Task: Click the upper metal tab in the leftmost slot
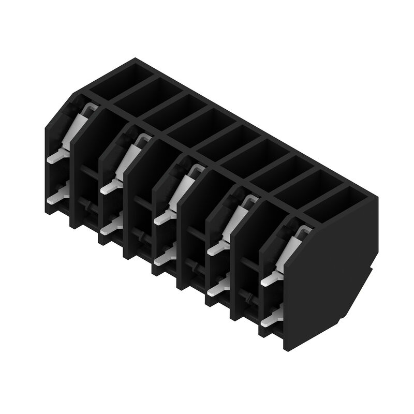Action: [58, 155]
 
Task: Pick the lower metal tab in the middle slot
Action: [165, 256]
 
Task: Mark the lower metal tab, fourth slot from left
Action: [218, 286]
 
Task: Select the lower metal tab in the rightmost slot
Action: [272, 318]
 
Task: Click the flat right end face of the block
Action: [331, 274]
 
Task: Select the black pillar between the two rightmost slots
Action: [244, 259]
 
